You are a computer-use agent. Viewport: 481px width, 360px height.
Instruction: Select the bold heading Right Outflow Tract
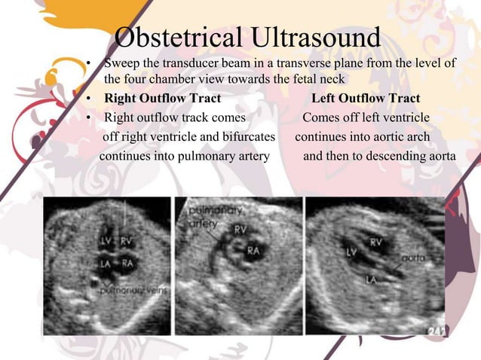pos(162,99)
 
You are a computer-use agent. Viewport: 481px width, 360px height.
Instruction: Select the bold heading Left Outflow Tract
pos(366,99)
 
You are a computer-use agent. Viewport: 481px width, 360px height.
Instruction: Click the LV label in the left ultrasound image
pos(106,242)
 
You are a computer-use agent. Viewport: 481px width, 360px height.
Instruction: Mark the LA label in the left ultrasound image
pos(106,264)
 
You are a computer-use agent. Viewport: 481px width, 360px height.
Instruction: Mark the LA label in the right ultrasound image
pos(371,280)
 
